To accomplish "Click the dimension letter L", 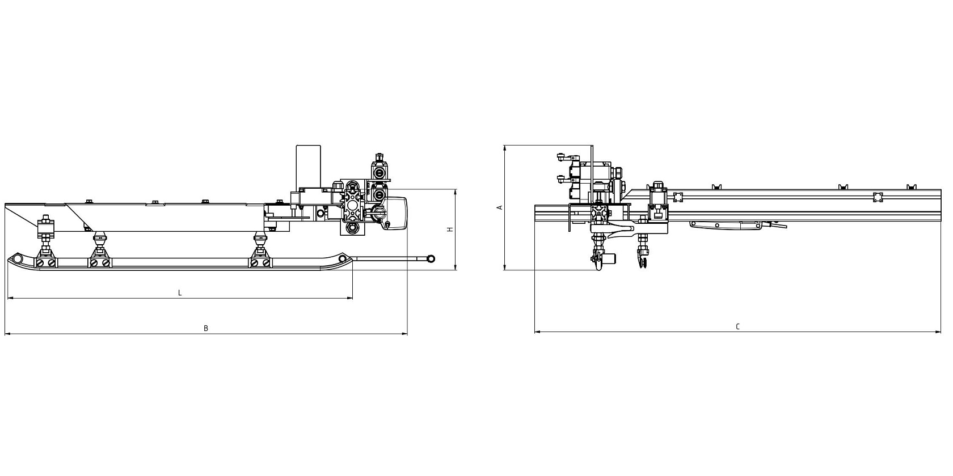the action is pos(180,293).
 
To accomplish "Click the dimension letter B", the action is pos(206,328).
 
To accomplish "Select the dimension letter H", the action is pos(450,229).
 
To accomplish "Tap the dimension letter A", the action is pos(500,207).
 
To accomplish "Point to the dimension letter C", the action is pos(737,326).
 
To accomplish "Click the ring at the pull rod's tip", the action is pos(431,258).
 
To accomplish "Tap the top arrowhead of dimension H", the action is pos(456,192).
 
